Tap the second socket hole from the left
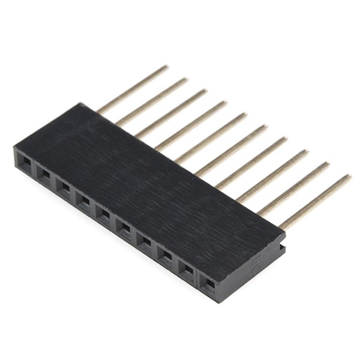coord(44,174)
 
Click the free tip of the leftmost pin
coord(166,67)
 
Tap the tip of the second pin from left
coord(185,79)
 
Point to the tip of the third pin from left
coord(205,91)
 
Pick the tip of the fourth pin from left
coord(225,103)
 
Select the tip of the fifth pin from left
coord(245,115)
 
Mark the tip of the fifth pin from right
coord(265,127)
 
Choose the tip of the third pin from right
coord(307,151)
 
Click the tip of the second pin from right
coord(328,164)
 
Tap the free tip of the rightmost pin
coord(349,176)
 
